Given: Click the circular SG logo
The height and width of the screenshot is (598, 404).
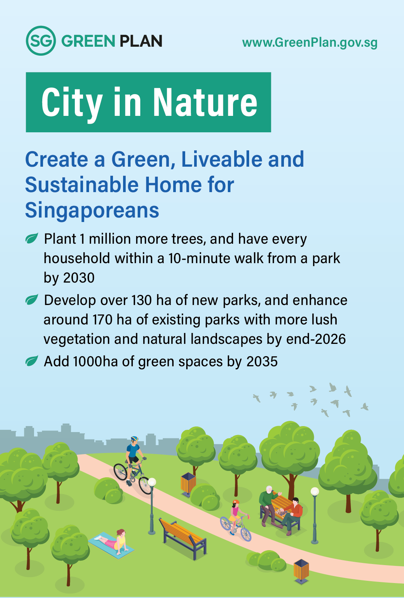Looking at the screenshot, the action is [41, 41].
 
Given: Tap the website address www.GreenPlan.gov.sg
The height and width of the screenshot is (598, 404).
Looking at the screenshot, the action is [310, 43].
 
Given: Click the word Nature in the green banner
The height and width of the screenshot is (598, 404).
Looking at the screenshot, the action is [205, 102].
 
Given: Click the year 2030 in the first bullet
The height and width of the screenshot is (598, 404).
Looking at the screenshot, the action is [79, 278].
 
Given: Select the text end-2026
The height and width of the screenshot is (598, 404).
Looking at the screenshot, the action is [316, 339].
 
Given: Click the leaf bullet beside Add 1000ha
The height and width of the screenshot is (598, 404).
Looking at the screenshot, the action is [32, 361].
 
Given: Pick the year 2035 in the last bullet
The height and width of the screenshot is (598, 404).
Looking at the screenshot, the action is [262, 362].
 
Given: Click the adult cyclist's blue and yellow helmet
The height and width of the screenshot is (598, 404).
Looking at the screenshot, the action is [134, 439].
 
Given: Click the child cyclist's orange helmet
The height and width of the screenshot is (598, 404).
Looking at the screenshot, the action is [236, 502].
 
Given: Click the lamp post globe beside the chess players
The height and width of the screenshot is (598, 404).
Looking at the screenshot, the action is [315, 491].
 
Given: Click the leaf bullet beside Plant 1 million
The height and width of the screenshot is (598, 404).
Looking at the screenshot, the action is [32, 238].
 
